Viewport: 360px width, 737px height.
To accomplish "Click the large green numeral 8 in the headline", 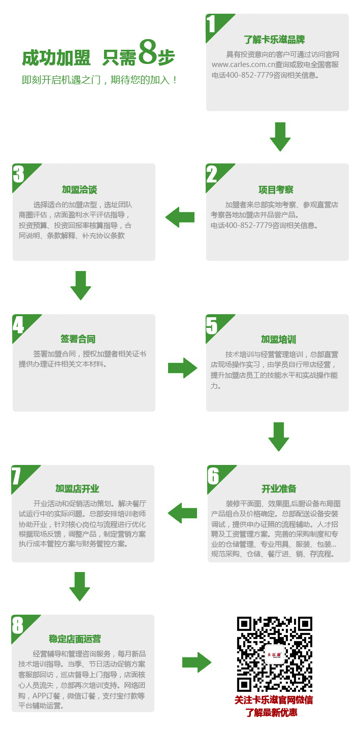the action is click(148, 52).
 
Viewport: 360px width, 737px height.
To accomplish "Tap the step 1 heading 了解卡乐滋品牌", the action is click(274, 40).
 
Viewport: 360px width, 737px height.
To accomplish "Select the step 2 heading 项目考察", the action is click(276, 189).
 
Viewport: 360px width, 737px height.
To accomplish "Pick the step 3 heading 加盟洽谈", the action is click(80, 189).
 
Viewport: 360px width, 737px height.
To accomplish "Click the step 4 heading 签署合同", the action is click(78, 339).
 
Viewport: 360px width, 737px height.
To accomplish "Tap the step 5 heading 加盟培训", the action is click(279, 339).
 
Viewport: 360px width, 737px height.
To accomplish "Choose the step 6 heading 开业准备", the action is click(279, 489).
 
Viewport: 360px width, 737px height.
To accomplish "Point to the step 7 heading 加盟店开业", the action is click(77, 489).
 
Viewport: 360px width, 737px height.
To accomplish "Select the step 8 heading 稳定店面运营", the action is click(75, 639).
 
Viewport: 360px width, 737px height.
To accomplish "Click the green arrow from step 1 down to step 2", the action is click(280, 137).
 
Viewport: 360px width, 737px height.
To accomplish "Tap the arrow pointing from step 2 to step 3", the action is click(180, 217).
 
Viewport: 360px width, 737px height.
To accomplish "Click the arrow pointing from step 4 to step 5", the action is click(183, 368).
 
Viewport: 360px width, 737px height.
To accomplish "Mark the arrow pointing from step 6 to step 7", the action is click(182, 513).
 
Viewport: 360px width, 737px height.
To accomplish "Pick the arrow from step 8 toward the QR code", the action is click(197, 662).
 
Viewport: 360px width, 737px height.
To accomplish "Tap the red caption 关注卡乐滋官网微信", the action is click(274, 700).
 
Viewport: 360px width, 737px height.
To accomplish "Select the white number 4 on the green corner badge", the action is click(18, 325).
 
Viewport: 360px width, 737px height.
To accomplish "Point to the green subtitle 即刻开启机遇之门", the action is click(61, 80).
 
